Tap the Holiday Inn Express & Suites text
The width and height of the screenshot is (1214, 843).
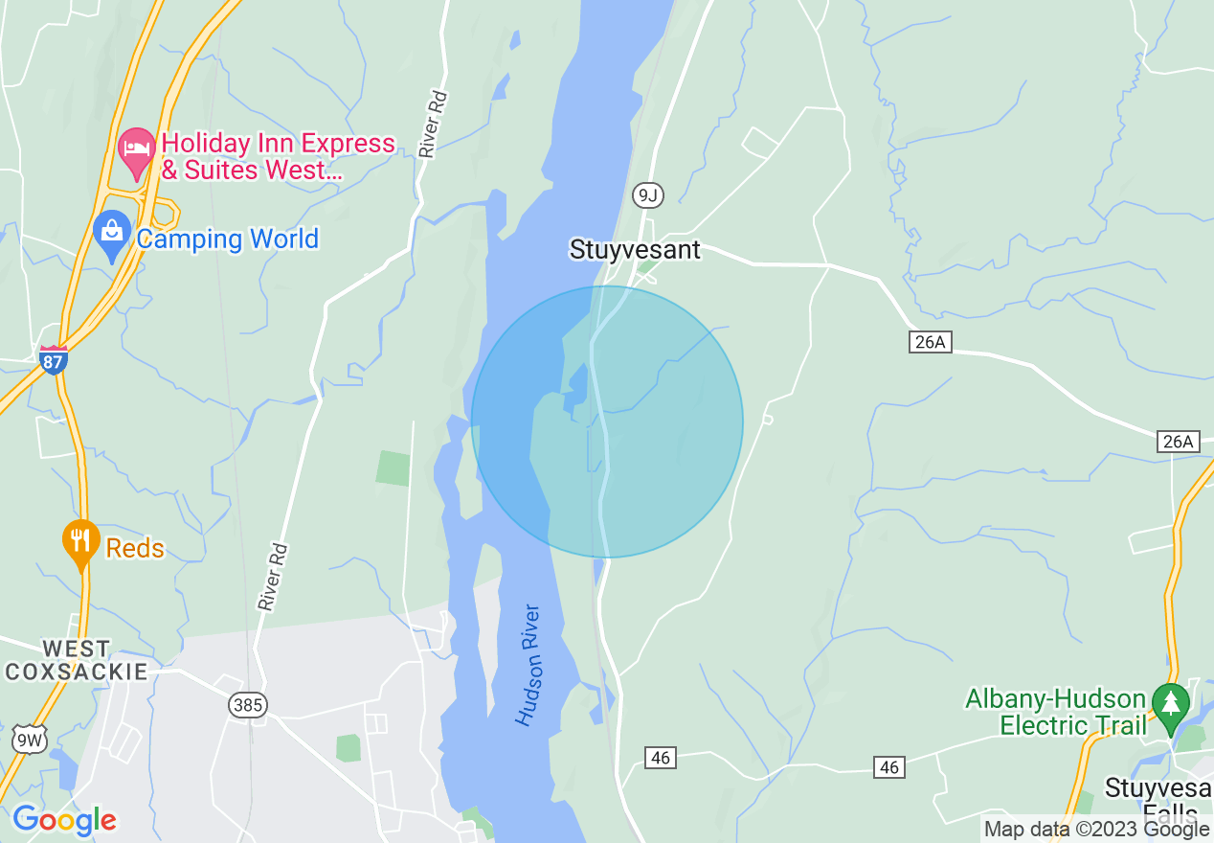pos(278,157)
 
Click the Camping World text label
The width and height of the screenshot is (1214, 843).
pos(227,239)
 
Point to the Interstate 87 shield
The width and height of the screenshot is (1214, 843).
pos(54,360)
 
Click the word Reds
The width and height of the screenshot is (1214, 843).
pos(135,548)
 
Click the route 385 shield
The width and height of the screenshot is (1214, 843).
pos(247,705)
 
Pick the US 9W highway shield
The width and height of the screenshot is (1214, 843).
pos(30,739)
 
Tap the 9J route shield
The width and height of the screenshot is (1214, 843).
pos(648,196)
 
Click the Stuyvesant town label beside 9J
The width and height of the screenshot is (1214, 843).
pos(635,250)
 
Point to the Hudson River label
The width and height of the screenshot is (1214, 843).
pos(528,665)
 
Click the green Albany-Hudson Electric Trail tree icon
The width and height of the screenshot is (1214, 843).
pos(1169,702)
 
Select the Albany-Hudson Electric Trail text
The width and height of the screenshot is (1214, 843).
pos(1056,712)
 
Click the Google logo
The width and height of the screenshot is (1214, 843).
pos(64,820)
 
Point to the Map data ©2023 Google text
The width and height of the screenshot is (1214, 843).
pos(1096,830)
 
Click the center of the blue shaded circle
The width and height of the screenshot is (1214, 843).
pos(607,421)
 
